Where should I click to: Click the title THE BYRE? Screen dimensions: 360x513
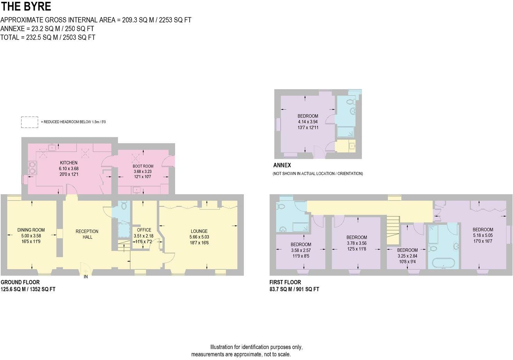[x=26, y=6]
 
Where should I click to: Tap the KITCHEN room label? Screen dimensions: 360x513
[x=68, y=163]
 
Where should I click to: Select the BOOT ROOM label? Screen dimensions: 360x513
[x=143, y=166]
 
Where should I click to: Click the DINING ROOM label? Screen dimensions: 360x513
[x=31, y=230]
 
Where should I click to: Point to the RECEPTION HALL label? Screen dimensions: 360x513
[x=87, y=234]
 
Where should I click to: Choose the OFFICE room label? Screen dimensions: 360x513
[x=144, y=230]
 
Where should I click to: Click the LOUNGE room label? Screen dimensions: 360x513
[x=199, y=231]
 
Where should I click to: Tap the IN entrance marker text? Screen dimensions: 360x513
[x=86, y=277]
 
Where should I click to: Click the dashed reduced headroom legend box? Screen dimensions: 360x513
[x=29, y=122]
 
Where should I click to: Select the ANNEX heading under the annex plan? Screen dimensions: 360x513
[x=282, y=165]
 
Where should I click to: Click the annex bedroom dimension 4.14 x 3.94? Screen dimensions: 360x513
[x=308, y=122]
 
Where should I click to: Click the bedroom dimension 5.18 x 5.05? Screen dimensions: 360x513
[x=483, y=235]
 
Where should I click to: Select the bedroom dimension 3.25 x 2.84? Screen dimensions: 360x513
[x=407, y=256]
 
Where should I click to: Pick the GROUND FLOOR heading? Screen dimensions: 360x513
[x=20, y=282]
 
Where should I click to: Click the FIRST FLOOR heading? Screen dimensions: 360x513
[x=285, y=282]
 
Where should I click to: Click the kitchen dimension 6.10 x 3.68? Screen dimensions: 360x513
[x=68, y=169]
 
